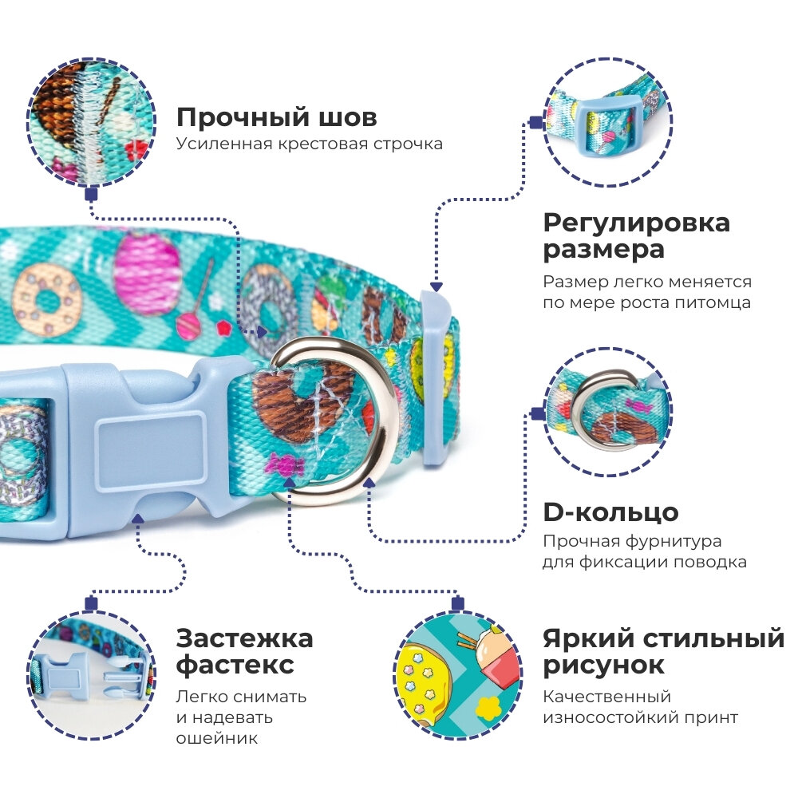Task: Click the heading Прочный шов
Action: coord(276,118)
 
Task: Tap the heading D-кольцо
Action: coord(610,512)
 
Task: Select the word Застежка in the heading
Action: coord(244,638)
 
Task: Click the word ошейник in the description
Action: coord(217,738)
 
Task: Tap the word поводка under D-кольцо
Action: coord(709,562)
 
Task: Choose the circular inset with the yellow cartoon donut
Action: coord(458,672)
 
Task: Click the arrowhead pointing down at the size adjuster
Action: coord(435,284)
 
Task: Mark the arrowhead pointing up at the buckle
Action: coord(139,519)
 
